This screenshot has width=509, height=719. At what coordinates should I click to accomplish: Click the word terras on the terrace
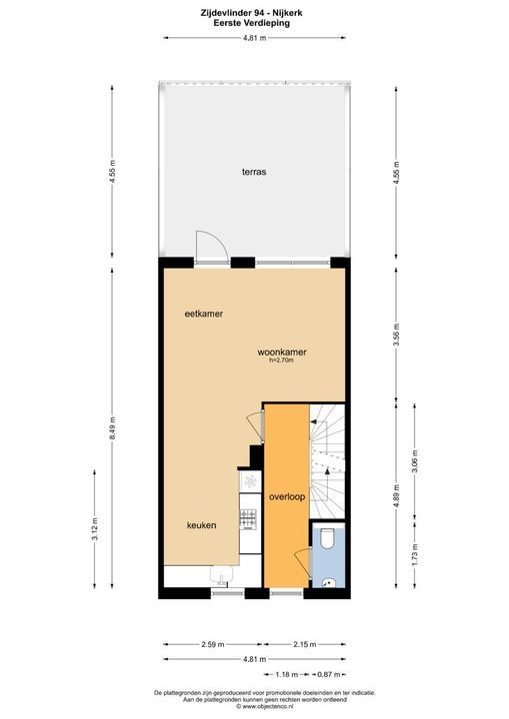point(253,171)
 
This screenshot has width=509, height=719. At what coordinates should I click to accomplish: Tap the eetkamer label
point(203,314)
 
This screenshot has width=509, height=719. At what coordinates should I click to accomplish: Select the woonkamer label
point(281,353)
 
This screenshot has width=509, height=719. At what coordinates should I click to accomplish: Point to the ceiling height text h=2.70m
point(281,361)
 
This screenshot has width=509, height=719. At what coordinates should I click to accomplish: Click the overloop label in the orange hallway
point(286,495)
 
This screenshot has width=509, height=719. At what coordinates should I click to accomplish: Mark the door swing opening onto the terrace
point(211,246)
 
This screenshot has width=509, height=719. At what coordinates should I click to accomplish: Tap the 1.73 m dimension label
point(414,552)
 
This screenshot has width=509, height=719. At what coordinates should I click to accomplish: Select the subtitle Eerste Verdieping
point(254,23)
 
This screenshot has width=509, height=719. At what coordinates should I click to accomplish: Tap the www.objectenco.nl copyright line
point(254,706)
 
